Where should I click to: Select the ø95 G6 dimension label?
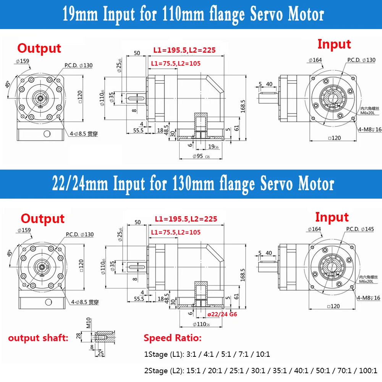(x=200, y=156)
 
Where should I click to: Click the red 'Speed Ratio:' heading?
(x=172, y=338)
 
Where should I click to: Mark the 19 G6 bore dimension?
(x=213, y=146)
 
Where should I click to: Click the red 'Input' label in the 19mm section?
(x=334, y=44)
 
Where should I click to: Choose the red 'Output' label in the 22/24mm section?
(x=42, y=219)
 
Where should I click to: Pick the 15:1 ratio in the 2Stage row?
(x=193, y=370)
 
